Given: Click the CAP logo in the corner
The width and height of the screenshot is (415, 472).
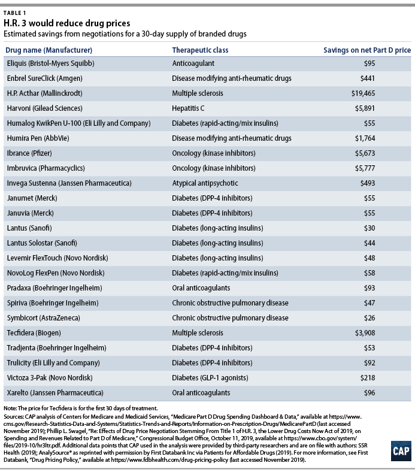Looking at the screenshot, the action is point(401,451).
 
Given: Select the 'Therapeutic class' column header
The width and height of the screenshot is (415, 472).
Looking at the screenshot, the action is point(200,50).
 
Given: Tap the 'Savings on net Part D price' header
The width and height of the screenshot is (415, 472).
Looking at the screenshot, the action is point(367,50).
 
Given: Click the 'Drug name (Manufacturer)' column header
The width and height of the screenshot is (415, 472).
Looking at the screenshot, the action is point(49,50).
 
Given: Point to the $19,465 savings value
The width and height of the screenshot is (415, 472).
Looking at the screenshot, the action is point(363,93).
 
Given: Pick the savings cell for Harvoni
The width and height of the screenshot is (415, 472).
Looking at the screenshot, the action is point(365,108).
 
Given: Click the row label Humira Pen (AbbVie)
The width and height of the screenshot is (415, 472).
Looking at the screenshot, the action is point(38,138).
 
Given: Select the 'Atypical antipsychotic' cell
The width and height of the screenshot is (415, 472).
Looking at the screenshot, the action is point(205,183).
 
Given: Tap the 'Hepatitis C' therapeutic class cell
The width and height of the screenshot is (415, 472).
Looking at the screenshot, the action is point(188,108).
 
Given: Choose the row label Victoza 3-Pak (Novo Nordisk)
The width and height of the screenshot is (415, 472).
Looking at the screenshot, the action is point(50,378).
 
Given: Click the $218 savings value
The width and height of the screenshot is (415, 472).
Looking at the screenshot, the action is point(368,378).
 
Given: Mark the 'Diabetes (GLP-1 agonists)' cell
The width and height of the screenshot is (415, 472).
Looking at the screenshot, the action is point(210,378).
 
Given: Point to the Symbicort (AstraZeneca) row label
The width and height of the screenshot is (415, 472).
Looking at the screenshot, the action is point(44,318).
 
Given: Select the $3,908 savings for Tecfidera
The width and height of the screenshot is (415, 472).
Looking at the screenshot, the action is point(365,333).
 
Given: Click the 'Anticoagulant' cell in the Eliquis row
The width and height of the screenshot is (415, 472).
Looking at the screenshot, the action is point(193,63).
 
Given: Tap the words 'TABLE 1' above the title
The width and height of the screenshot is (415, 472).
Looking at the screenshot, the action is point(15,13).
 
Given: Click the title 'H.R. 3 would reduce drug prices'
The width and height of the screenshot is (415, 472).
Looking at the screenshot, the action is point(67,23).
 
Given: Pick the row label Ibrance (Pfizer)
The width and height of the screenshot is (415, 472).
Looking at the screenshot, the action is point(29,153).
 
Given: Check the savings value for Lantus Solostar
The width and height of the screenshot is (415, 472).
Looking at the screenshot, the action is point(369,243).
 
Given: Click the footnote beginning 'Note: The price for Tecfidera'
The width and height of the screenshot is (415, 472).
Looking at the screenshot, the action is point(81,409).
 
